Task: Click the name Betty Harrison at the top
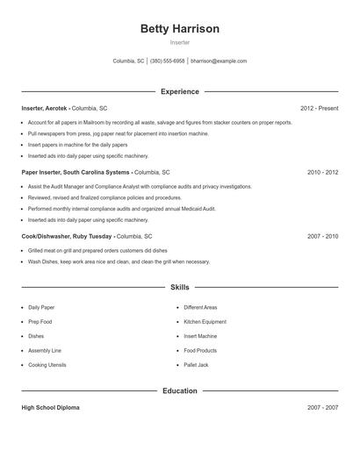[x=179, y=29]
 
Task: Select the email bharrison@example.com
[x=219, y=61]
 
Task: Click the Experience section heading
[x=179, y=91]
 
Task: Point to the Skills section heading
[x=179, y=287]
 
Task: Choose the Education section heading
[x=179, y=391]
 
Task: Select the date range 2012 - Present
[x=319, y=108]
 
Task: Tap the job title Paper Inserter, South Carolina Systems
[x=75, y=172]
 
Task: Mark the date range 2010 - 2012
[x=322, y=172]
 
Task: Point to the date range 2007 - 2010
[x=322, y=236]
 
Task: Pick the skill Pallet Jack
[x=196, y=364]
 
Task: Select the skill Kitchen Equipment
[x=205, y=322]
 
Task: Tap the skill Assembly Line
[x=44, y=350]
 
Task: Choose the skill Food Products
[x=200, y=350]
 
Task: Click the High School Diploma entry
[x=51, y=408]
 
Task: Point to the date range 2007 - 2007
[x=322, y=408]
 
